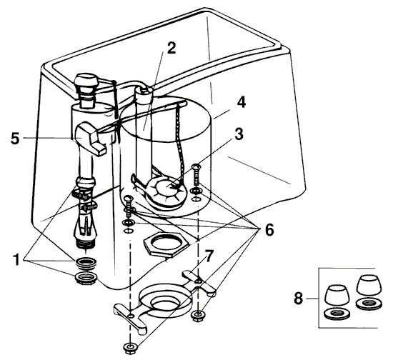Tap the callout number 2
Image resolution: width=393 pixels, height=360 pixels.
click(x=171, y=49)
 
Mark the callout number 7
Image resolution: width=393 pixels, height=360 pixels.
click(x=209, y=255)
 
